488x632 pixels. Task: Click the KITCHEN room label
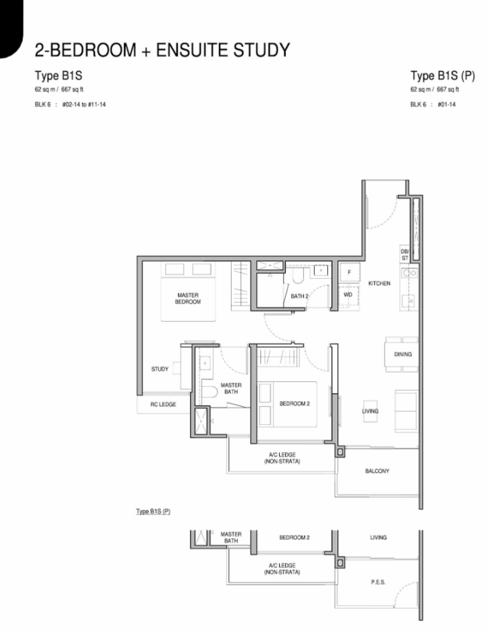point(379,283)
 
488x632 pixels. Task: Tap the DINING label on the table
point(402,354)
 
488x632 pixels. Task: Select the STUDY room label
point(159,369)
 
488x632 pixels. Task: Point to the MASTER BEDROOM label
point(188,298)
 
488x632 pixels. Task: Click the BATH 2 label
point(299,296)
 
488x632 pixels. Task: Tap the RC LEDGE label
point(163,404)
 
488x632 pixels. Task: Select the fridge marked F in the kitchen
point(349,272)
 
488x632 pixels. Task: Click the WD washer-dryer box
point(348,295)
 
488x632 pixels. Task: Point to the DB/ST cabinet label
point(404,254)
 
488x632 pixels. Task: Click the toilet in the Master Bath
point(210,392)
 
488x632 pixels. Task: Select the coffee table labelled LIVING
point(370,411)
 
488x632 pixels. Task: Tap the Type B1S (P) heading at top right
point(443,76)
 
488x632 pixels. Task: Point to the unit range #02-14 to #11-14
point(84,104)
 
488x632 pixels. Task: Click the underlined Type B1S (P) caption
point(153,511)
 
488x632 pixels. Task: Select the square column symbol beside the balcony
point(340,452)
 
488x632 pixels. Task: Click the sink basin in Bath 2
point(321,270)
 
